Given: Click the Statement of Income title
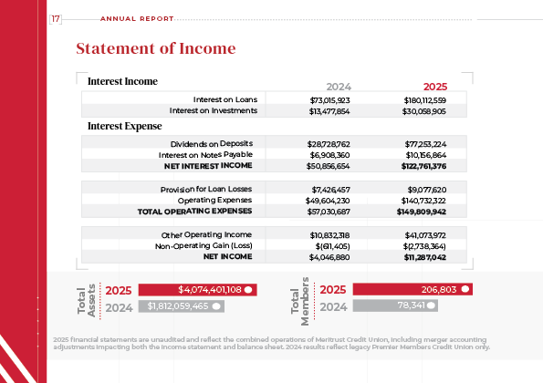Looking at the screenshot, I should pos(155,48).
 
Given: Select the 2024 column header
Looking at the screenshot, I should pos(339,85).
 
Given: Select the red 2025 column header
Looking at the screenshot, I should pos(435,85).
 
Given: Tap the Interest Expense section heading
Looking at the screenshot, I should pos(124,126).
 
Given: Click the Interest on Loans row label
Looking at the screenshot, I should pos(225,98).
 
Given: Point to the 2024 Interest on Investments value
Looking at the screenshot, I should pos(330,110).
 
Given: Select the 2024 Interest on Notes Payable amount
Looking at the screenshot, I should pos(330,155).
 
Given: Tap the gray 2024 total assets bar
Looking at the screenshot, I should pos(185,307).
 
